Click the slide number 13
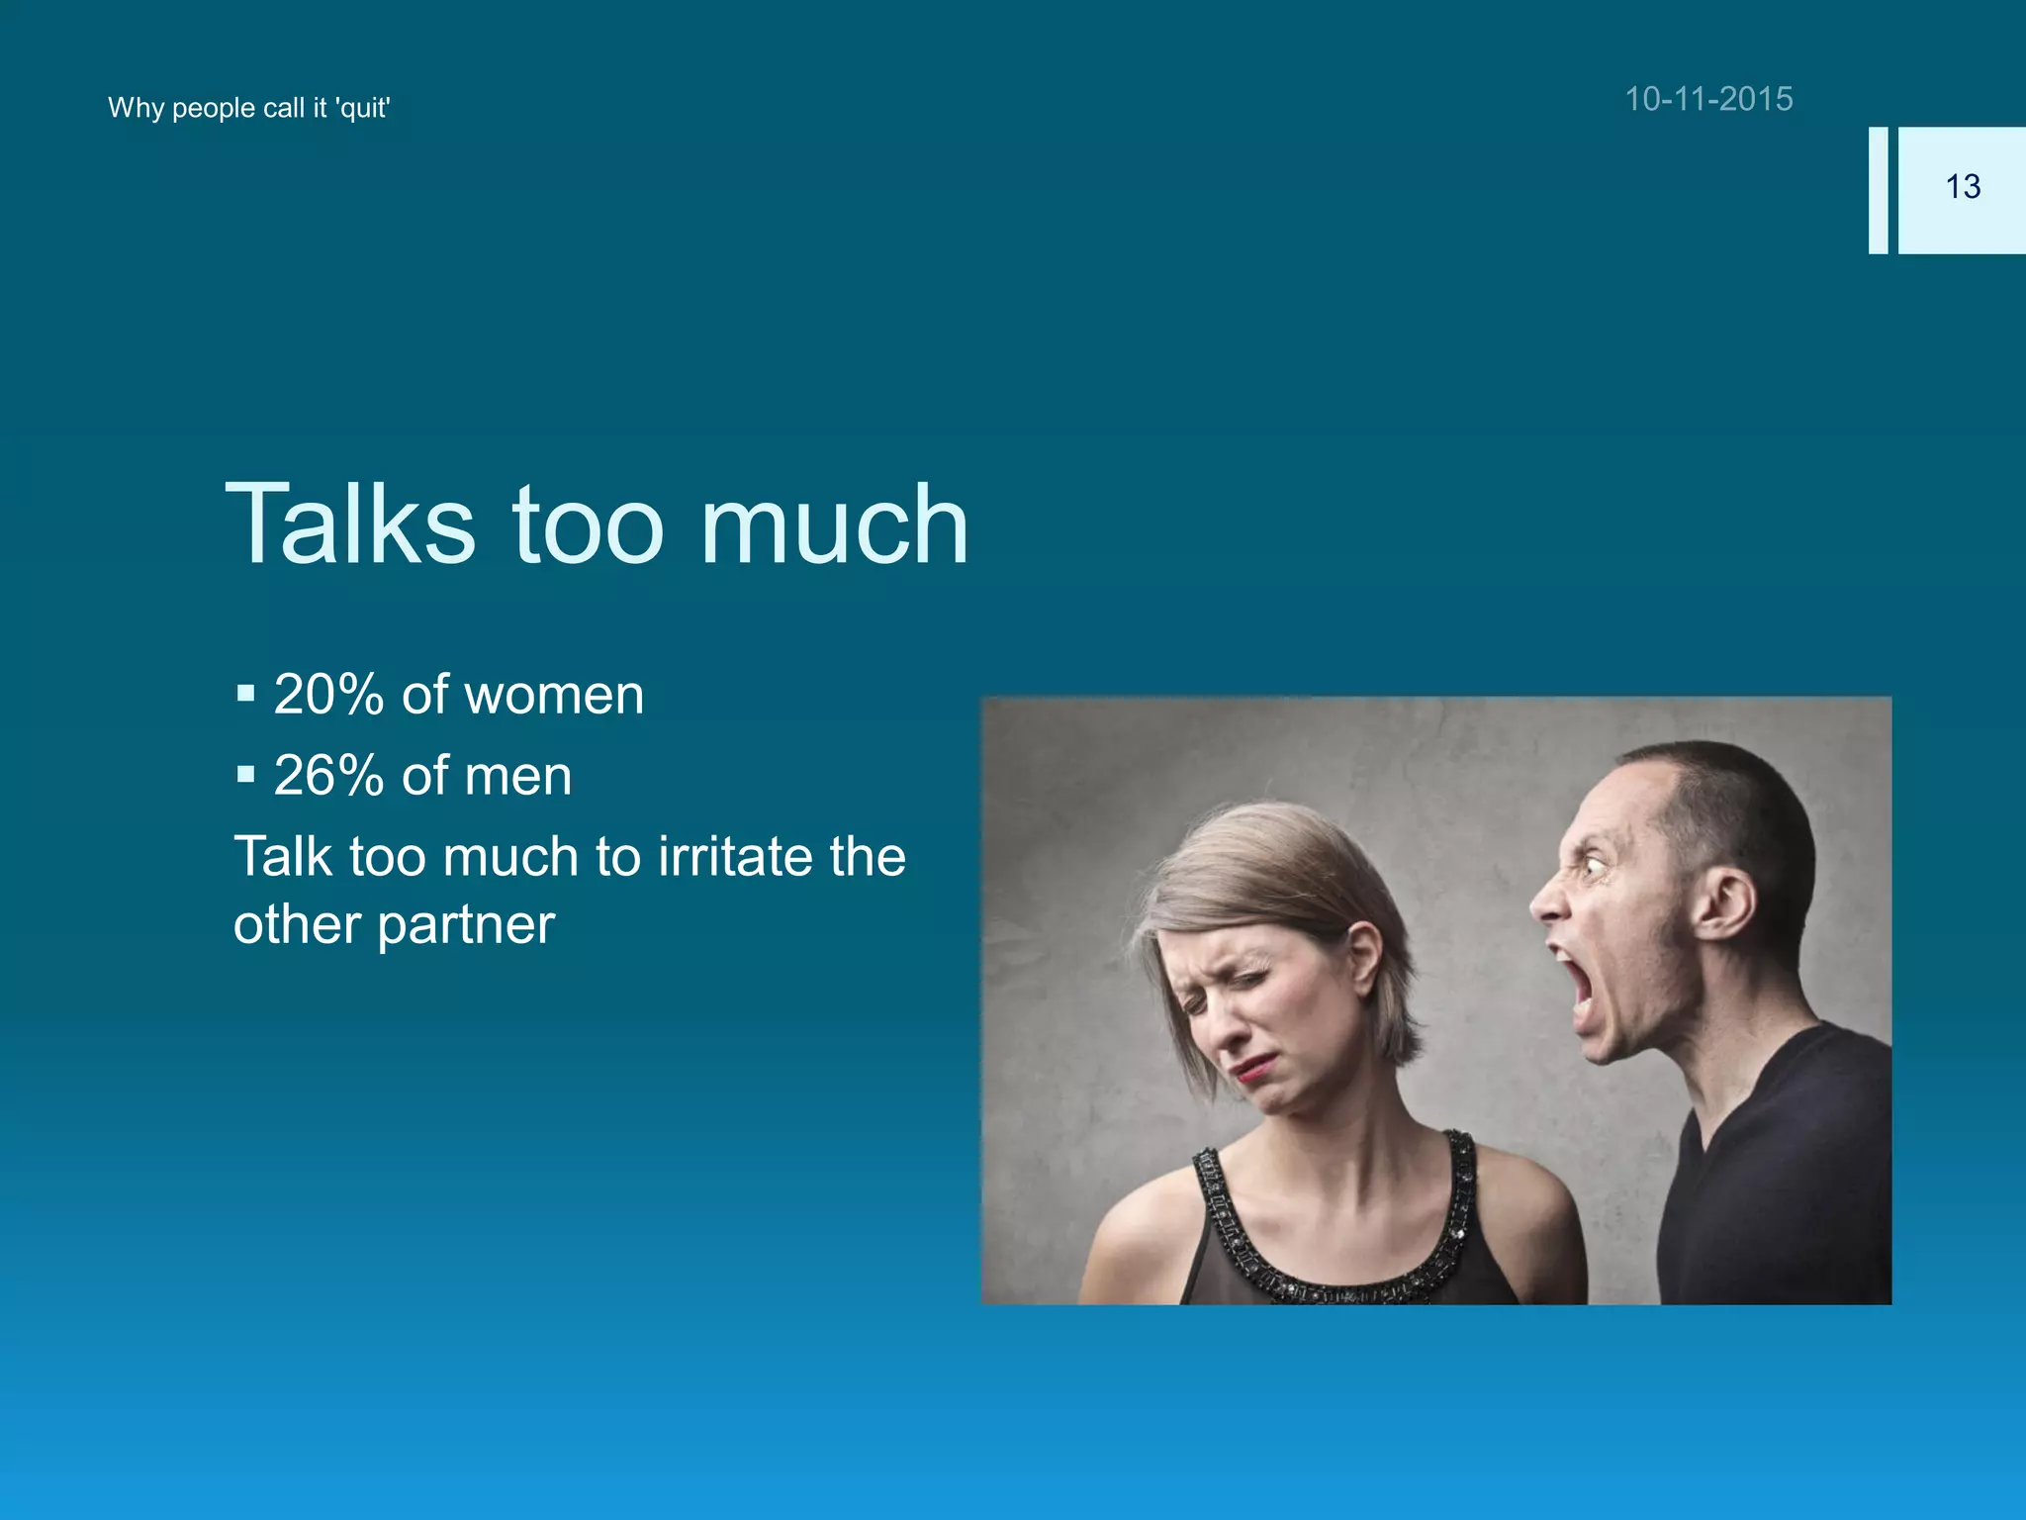1963,187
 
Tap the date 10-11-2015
1708,99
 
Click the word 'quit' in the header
363,108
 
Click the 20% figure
328,695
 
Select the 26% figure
328,776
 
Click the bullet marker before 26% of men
245,774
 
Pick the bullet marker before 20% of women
245,693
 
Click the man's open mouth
1577,986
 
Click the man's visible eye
1592,866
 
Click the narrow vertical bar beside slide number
1878,190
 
